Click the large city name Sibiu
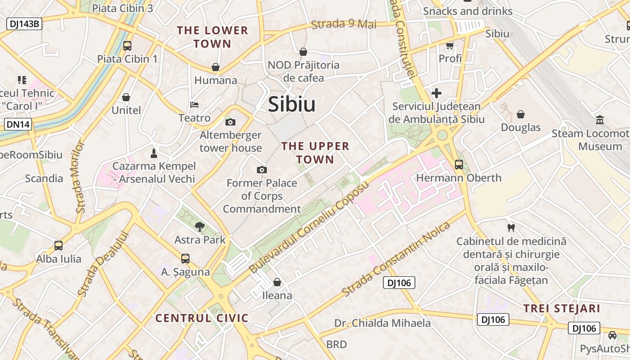click(292, 104)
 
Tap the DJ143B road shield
click(24, 24)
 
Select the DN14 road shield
click(18, 124)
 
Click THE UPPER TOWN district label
click(315, 153)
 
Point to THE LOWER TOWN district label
click(212, 37)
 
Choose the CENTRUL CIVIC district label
click(202, 318)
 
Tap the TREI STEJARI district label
click(562, 309)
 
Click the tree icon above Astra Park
click(199, 226)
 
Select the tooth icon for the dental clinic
click(511, 228)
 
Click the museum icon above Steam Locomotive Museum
click(600, 120)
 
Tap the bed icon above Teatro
click(194, 105)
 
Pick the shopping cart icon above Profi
click(450, 45)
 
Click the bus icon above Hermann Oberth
click(459, 165)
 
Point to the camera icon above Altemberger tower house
click(230, 122)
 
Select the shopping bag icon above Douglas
click(521, 114)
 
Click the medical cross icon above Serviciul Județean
click(436, 93)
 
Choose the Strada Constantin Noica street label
click(396, 259)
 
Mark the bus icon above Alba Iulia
click(58, 246)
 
